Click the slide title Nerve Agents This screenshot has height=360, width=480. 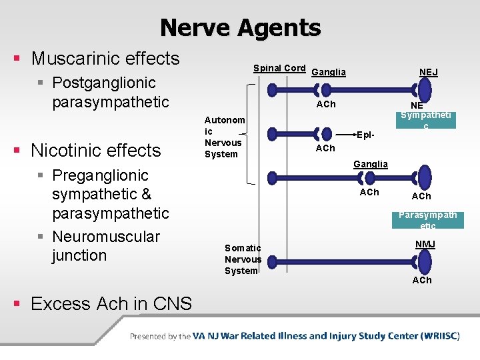pyautogui.click(x=240, y=28)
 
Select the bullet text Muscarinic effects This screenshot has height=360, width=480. pyautogui.click(x=105, y=59)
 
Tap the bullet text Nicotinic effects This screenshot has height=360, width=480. pyautogui.click(x=95, y=150)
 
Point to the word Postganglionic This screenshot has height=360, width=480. pyautogui.click(x=103, y=83)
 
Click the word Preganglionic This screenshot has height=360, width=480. pyautogui.click(x=100, y=175)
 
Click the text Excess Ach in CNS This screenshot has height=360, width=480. pyautogui.click(x=111, y=304)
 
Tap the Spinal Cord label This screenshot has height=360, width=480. pyautogui.click(x=279, y=68)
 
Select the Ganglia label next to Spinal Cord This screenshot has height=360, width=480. pyautogui.click(x=329, y=72)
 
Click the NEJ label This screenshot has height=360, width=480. pyautogui.click(x=428, y=72)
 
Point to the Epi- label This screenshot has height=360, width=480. pyautogui.click(x=365, y=134)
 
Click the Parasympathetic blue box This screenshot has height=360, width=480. pyautogui.click(x=427, y=220)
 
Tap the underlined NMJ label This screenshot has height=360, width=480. pyautogui.click(x=425, y=245)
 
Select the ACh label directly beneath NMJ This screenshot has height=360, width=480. pyautogui.click(x=421, y=280)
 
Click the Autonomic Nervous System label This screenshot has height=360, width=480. pyautogui.click(x=223, y=137)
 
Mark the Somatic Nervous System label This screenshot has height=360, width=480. pyautogui.click(x=243, y=259)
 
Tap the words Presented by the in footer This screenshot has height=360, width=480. pyautogui.click(x=160, y=337)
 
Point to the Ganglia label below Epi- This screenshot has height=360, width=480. pyautogui.click(x=371, y=164)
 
